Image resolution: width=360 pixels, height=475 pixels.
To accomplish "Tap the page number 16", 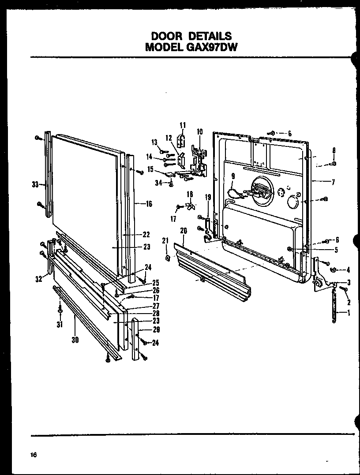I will point(33,455).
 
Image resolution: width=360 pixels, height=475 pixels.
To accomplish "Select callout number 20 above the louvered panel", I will point(183,230).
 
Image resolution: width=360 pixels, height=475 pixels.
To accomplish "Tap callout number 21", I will point(165,240).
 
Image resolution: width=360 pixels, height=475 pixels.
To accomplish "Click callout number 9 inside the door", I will point(232,177).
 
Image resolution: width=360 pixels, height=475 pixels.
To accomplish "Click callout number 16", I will point(149,204).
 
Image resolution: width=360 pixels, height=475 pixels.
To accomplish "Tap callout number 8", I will point(334,150).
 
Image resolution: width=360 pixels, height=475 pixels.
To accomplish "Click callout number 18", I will point(190,194).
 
